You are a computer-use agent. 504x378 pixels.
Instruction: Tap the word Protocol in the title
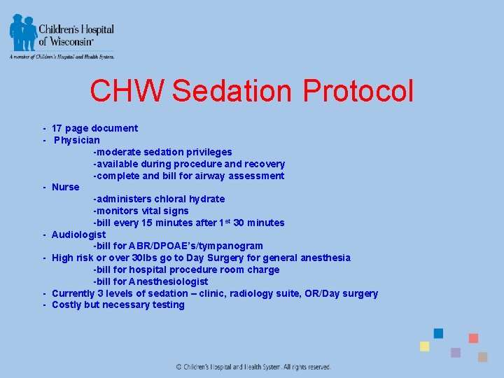pos(358,91)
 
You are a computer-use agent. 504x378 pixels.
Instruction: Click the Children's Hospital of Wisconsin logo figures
pos(23,32)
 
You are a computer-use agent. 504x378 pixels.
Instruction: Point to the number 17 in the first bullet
pos(57,128)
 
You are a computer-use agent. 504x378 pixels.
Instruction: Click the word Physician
pos(77,140)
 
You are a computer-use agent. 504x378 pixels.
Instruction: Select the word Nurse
pos(66,187)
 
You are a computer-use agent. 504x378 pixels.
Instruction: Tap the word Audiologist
pos(78,234)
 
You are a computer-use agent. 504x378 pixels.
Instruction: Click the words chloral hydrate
pos(190,199)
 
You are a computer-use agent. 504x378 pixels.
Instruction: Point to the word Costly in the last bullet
pos(66,304)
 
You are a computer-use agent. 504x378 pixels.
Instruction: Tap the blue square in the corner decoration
pos(438,333)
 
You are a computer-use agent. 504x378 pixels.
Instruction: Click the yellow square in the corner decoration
pos(424,346)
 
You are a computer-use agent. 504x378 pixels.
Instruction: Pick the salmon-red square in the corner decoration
pos(473,338)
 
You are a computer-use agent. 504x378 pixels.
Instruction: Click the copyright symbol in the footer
pos(178,367)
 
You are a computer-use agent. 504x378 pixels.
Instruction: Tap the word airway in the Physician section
pos(194,176)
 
